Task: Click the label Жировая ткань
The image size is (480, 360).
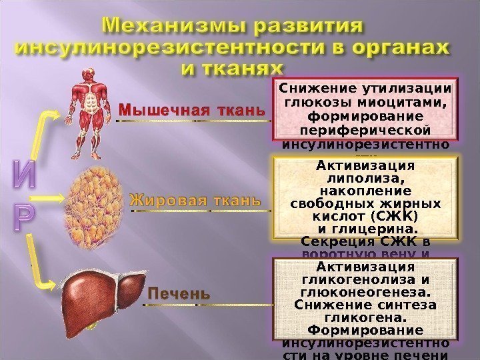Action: [x=195, y=201]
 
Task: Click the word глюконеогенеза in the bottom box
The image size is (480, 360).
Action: [x=365, y=293]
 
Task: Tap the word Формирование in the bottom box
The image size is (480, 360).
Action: [x=365, y=331]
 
